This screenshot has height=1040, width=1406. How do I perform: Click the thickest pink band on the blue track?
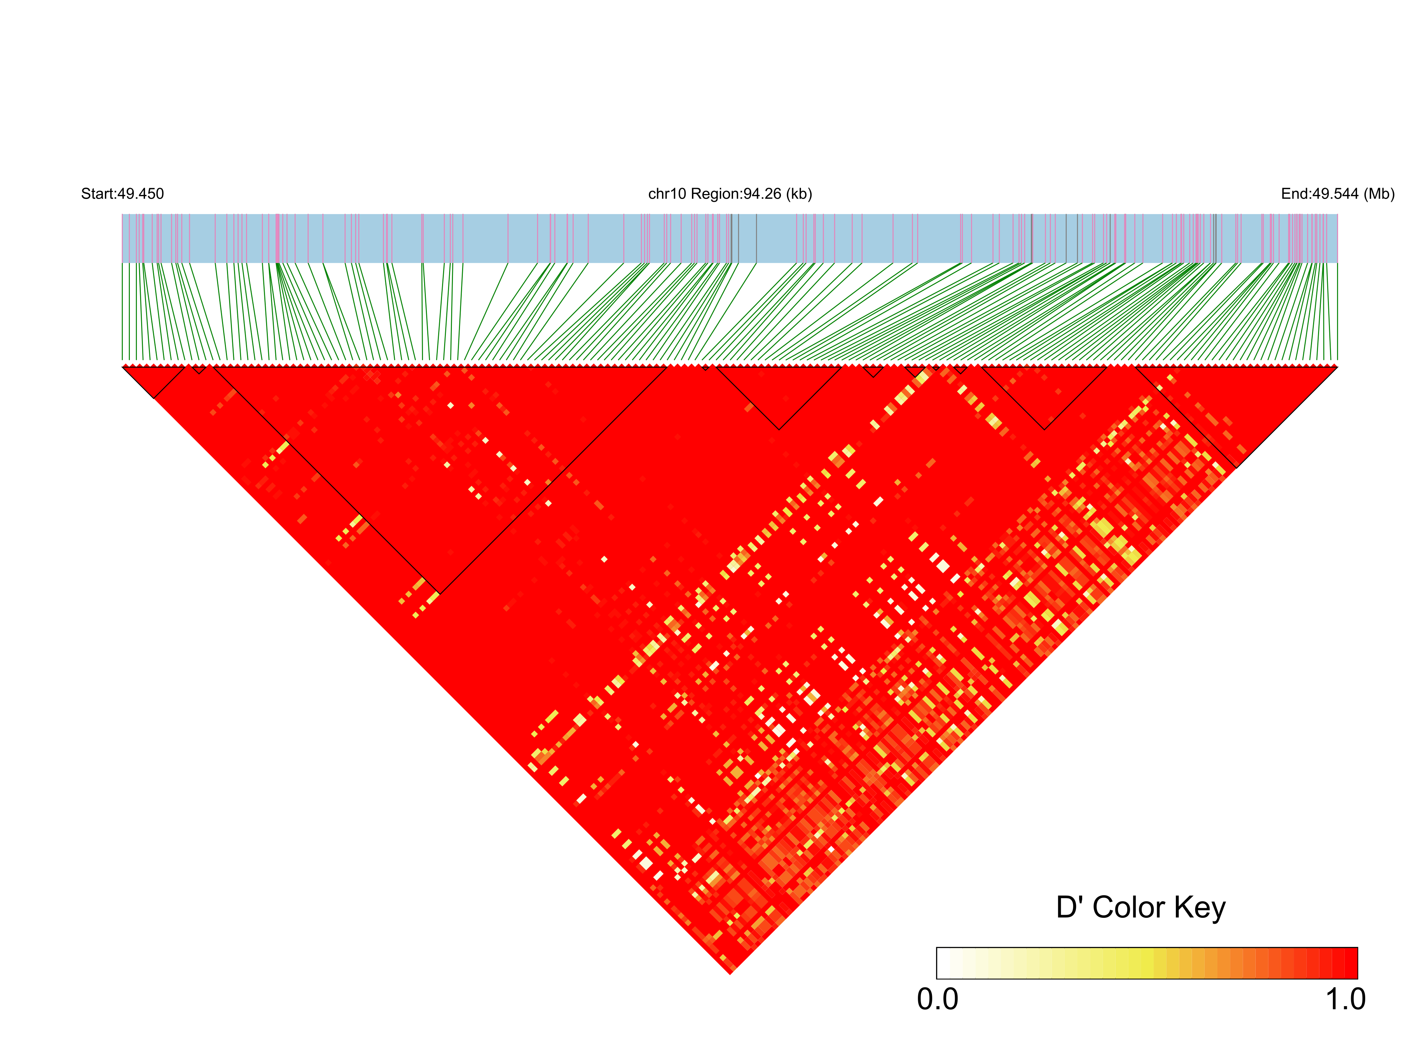coord(277,238)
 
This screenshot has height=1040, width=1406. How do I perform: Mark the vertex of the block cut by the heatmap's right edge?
coord(1236,467)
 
